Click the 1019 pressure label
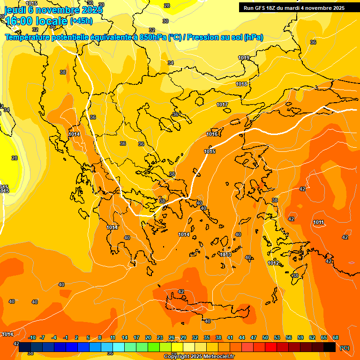tap(244, 58)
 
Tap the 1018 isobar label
tap(241, 84)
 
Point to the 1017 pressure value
tap(222, 105)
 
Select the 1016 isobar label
tap(212, 134)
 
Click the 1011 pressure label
tap(319, 222)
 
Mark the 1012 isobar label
tap(274, 262)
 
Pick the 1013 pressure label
tap(225, 254)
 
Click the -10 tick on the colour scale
tap(32, 337)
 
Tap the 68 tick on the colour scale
tap(336, 337)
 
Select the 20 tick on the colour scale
tap(148, 337)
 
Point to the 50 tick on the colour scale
tap(265, 337)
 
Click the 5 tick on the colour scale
tap(88, 337)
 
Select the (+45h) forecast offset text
tap(81, 21)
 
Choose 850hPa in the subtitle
tap(153, 37)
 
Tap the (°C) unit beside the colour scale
tap(345, 348)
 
